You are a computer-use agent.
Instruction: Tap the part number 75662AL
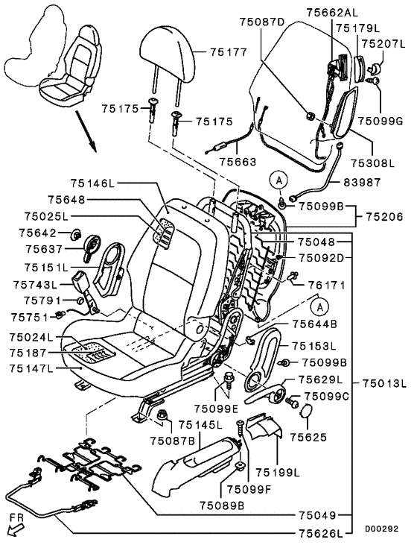click(x=332, y=12)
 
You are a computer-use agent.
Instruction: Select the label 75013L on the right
click(x=384, y=383)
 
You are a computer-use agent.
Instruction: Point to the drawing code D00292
click(x=382, y=529)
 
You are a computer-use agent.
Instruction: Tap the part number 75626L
click(x=320, y=533)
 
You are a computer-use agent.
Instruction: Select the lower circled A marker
click(x=319, y=306)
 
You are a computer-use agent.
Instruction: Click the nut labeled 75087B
click(x=162, y=415)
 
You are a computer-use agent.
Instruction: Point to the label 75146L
click(x=92, y=183)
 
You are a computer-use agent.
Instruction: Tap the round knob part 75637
click(x=92, y=246)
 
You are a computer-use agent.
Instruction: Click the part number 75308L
click(x=372, y=163)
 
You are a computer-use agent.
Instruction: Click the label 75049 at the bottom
click(x=318, y=514)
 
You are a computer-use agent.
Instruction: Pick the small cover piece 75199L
click(x=264, y=425)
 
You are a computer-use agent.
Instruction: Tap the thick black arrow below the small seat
click(x=86, y=131)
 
